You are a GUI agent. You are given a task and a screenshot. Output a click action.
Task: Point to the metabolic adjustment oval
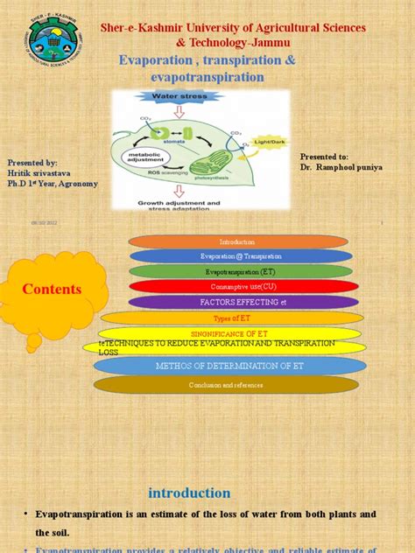pos(143,157)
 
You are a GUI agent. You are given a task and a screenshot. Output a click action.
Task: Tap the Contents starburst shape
pos(52,288)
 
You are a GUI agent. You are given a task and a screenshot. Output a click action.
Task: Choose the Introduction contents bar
pos(237,241)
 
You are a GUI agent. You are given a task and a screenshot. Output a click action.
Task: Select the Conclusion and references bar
pos(226,385)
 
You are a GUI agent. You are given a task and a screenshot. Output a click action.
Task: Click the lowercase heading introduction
pos(189,493)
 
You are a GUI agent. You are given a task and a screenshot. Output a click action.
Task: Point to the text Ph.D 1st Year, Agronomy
pos(53,184)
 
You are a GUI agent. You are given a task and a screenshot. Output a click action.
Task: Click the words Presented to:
pos(324,155)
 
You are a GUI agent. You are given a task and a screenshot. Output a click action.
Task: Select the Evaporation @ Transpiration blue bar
pos(241,256)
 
